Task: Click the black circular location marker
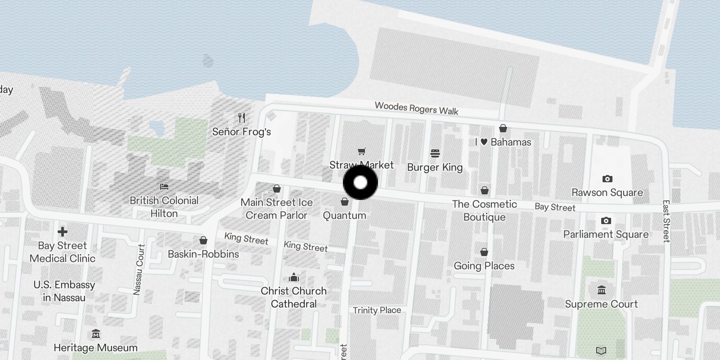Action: (x=360, y=183)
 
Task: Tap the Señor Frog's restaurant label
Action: (x=242, y=132)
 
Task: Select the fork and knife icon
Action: (x=242, y=118)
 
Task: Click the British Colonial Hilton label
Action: (x=164, y=207)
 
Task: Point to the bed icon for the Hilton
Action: (x=164, y=186)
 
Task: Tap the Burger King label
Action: (x=435, y=167)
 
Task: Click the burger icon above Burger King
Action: (x=435, y=153)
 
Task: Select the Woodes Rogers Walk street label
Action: (x=416, y=108)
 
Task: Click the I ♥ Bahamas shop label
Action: (x=503, y=142)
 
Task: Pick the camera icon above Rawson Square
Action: (x=607, y=179)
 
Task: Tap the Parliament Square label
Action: (x=606, y=234)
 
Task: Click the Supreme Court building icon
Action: (x=601, y=290)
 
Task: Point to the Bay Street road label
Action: (x=555, y=207)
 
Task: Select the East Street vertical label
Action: (x=666, y=221)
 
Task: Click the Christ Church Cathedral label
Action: (x=293, y=297)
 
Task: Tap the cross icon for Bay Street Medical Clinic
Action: (x=63, y=232)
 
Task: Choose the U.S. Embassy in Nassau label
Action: (x=64, y=291)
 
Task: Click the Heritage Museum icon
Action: (x=95, y=334)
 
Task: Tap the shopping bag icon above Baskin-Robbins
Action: (x=203, y=240)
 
